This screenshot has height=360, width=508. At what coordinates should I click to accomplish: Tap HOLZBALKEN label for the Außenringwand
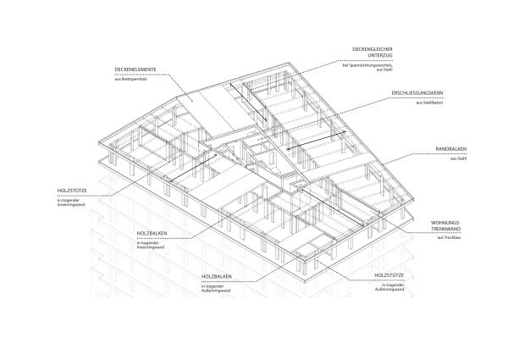click(x=218, y=277)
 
